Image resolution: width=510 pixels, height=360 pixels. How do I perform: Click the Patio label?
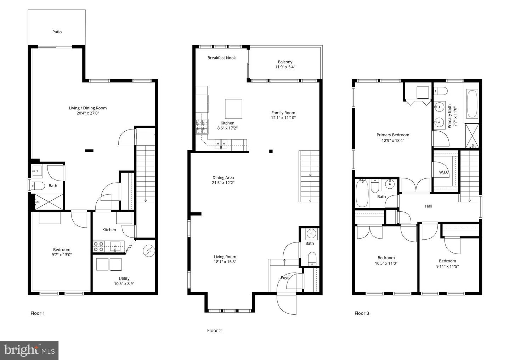click(57, 32)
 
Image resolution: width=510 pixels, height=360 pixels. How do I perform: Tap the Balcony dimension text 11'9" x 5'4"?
click(285, 67)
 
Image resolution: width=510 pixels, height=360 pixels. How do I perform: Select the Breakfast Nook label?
click(222, 58)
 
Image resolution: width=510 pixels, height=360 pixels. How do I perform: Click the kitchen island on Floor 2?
click(233, 109)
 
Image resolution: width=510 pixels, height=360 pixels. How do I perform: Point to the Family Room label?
click(283, 113)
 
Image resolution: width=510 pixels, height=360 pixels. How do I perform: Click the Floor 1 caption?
click(38, 313)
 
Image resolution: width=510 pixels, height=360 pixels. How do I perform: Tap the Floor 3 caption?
click(362, 313)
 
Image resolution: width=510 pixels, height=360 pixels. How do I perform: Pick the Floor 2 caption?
click(214, 330)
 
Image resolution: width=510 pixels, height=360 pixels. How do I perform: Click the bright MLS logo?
click(29, 350)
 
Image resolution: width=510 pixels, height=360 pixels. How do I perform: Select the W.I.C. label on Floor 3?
click(444, 172)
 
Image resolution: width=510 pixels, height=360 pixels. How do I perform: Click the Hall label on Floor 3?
click(429, 206)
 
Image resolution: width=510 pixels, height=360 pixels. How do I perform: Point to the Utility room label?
click(124, 279)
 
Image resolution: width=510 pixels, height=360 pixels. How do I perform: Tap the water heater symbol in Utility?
click(149, 251)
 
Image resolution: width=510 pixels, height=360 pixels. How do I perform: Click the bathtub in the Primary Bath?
click(472, 104)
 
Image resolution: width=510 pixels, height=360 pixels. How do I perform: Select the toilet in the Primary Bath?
click(441, 91)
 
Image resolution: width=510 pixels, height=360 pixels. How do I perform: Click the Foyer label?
click(285, 278)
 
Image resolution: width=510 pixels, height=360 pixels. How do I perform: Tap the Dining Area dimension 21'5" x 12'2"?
click(223, 183)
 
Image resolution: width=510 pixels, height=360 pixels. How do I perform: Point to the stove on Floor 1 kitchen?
click(98, 247)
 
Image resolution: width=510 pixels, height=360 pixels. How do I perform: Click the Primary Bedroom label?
click(393, 135)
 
